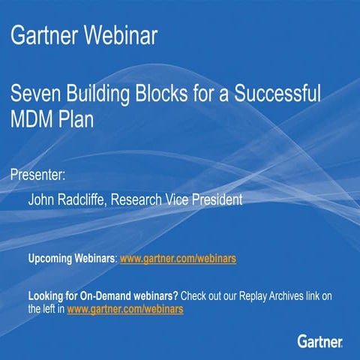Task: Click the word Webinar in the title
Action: (x=121, y=34)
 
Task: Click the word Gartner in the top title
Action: (x=45, y=34)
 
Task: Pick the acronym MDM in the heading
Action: (x=34, y=120)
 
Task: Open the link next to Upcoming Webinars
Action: (x=178, y=259)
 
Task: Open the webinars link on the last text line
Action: (x=125, y=308)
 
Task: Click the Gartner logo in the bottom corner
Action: (x=320, y=342)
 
